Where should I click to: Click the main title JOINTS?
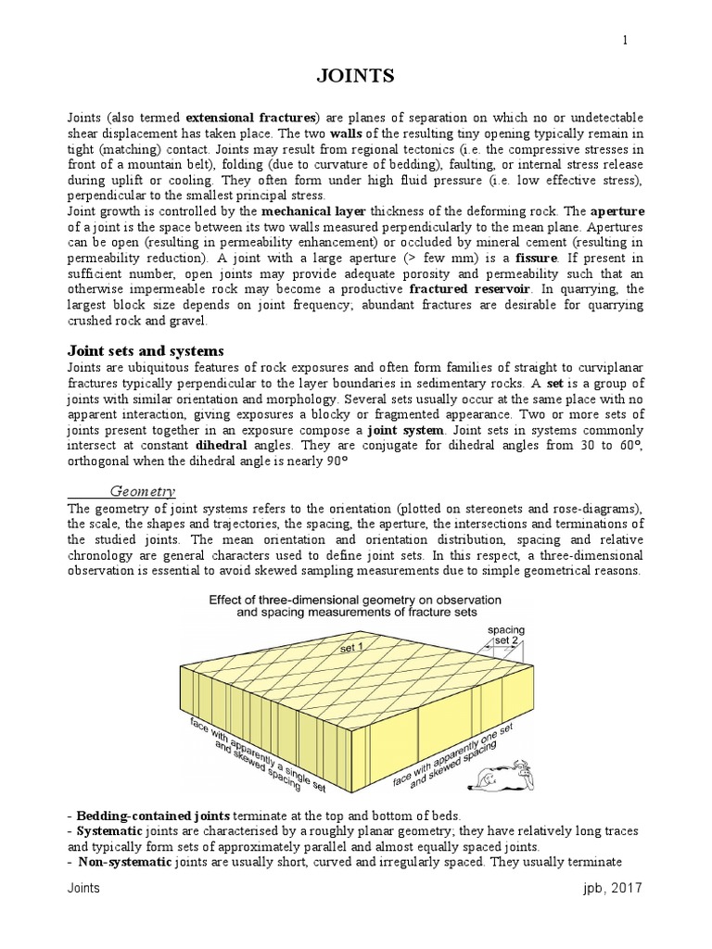[x=356, y=77]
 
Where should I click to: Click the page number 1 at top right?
[x=625, y=39]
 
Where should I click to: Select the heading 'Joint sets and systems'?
[x=145, y=351]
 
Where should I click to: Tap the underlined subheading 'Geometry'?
[x=144, y=490]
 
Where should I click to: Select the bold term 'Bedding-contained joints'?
[x=155, y=815]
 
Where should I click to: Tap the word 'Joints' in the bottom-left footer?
[x=84, y=889]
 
